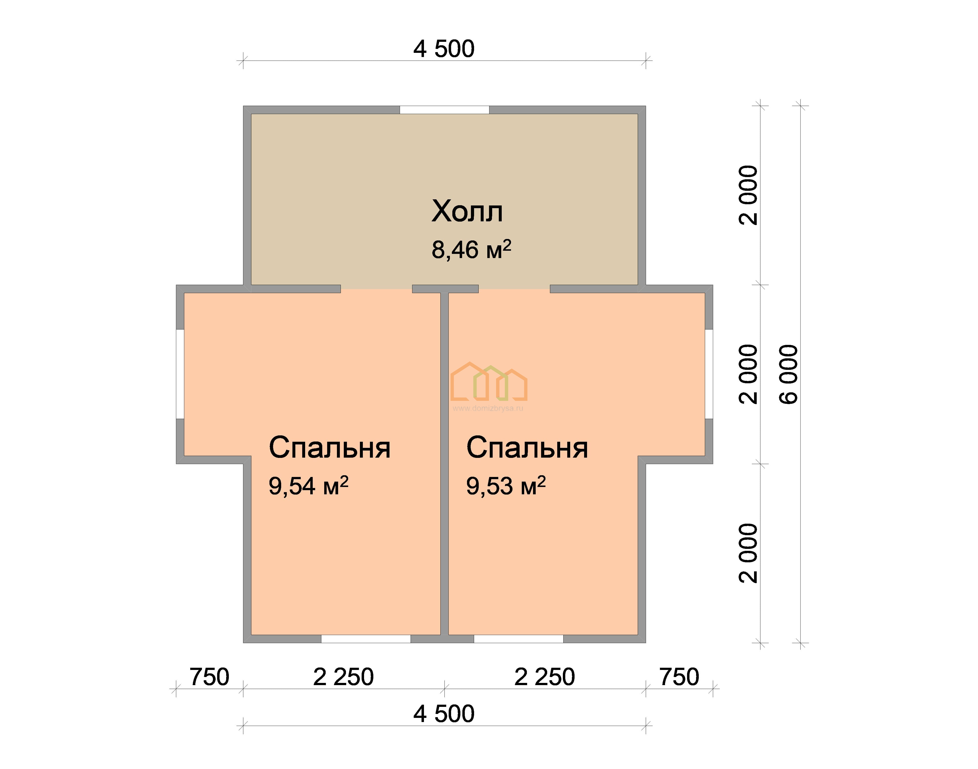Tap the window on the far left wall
(x=180, y=374)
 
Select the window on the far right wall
(x=709, y=374)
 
